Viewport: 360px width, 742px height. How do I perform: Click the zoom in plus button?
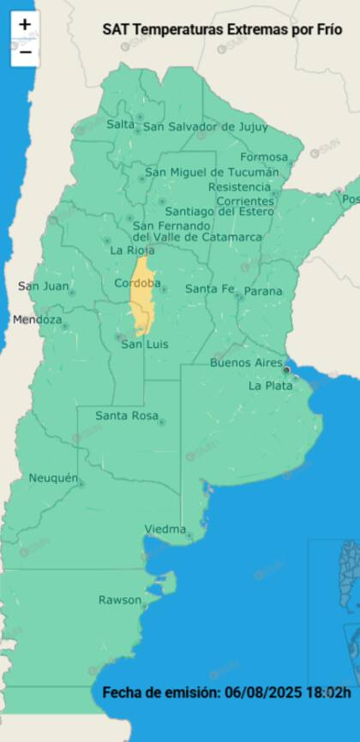[25, 24]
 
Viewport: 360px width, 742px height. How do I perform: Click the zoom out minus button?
[25, 51]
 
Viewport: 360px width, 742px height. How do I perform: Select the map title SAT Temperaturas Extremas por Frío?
[222, 28]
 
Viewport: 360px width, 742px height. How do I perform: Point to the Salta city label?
[121, 124]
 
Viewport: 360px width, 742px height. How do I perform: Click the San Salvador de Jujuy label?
[205, 127]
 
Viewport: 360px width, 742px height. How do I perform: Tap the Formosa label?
[263, 157]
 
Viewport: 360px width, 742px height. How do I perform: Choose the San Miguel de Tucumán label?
[212, 172]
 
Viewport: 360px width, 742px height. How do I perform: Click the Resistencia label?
[238, 186]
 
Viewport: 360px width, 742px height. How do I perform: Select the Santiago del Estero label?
[219, 211]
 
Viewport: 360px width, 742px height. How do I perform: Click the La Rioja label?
[133, 250]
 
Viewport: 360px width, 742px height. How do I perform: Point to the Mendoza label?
[37, 320]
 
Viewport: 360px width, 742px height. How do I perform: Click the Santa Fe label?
[209, 289]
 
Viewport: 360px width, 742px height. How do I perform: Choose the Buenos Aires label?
[246, 362]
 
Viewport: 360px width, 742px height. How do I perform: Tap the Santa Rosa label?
[127, 416]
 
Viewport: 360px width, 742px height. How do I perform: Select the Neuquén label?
[53, 477]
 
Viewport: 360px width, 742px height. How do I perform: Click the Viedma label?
[165, 529]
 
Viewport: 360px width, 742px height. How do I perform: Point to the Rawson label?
[119, 600]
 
